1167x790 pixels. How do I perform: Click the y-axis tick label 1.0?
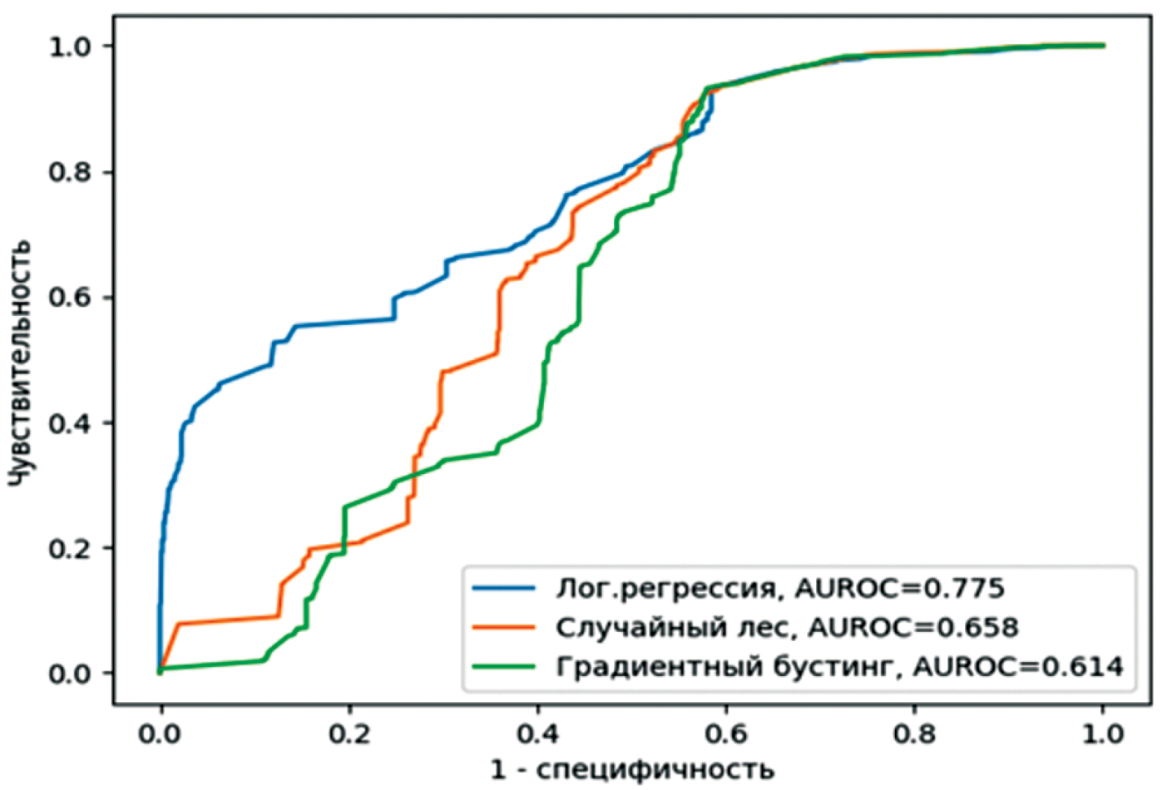tap(70, 47)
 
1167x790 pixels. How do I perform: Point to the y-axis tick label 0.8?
tap(70, 173)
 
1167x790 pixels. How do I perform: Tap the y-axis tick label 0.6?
tap(70, 298)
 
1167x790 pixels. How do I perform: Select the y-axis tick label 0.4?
tap(70, 424)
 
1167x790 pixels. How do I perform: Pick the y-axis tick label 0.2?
tap(70, 549)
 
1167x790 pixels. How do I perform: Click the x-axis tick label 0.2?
tap(350, 733)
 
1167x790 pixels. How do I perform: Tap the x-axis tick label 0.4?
tap(538, 733)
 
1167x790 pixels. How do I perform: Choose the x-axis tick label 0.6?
tap(726, 733)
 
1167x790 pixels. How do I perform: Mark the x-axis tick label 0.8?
tap(915, 733)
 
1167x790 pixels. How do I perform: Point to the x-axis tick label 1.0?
tap(1103, 733)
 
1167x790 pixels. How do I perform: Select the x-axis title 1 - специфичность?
tap(632, 770)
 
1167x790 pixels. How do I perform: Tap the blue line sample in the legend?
tap(504, 588)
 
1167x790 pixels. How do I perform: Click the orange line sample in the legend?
tap(504, 627)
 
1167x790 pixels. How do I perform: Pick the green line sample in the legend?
tap(504, 666)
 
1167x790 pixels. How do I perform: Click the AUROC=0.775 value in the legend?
tap(899, 588)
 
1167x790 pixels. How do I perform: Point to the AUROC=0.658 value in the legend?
tap(913, 627)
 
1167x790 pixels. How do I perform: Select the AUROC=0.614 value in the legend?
tap(1018, 666)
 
